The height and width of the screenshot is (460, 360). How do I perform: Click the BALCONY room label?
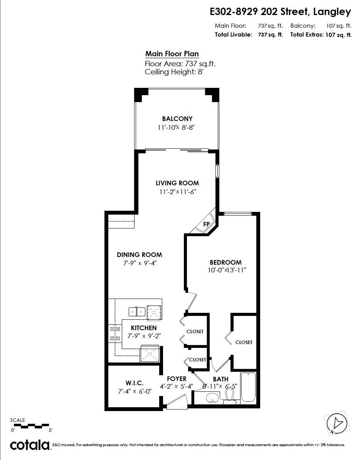click(x=177, y=119)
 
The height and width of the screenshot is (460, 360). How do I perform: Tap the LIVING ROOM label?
click(x=177, y=183)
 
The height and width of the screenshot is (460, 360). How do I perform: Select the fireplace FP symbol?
click(x=206, y=224)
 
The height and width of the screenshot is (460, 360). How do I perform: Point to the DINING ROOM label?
click(x=139, y=255)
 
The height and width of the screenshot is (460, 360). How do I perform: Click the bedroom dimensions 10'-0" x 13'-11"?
click(x=227, y=270)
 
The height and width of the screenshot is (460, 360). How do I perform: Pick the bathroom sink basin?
click(x=212, y=398)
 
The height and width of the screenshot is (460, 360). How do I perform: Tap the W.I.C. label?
click(x=134, y=383)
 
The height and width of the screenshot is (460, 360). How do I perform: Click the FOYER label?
click(x=177, y=379)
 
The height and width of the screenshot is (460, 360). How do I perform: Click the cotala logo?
click(x=30, y=445)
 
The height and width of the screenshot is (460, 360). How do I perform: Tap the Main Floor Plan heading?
click(x=172, y=54)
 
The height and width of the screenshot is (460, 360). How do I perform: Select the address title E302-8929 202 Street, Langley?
click(x=280, y=12)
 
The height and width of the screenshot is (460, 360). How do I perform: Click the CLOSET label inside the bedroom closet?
click(x=244, y=342)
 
